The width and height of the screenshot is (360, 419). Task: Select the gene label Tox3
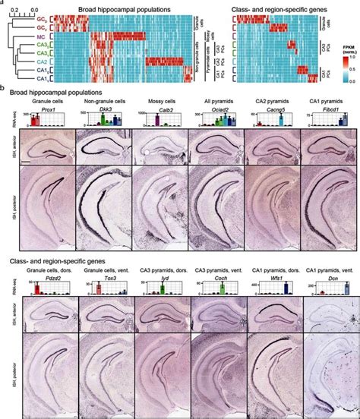[99, 279]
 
